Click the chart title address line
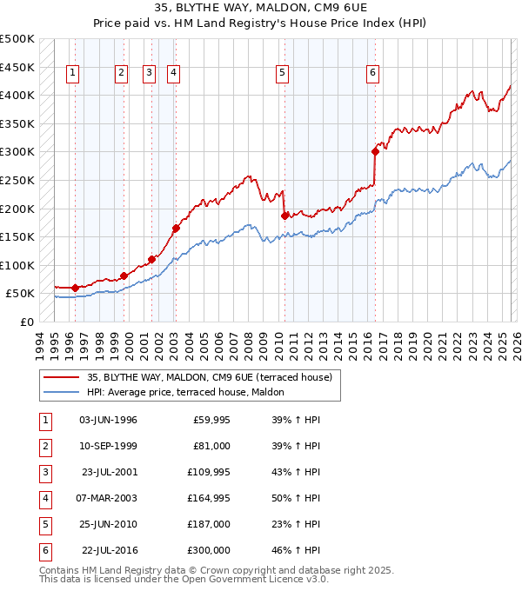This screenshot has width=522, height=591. [260, 8]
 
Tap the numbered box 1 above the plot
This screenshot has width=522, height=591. [71, 73]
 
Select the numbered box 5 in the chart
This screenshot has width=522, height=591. [283, 73]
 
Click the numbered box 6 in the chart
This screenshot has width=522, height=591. [372, 73]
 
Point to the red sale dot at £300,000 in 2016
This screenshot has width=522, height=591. [375, 151]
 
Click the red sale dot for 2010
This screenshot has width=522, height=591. [284, 216]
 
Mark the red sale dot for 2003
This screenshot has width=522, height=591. [176, 229]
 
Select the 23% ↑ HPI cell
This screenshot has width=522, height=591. [298, 524]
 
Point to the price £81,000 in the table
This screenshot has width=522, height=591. [211, 446]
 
